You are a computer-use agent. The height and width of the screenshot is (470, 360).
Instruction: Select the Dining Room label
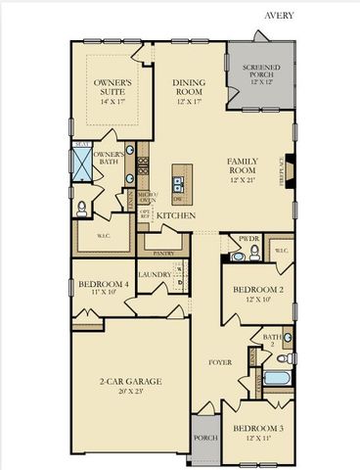click(188, 88)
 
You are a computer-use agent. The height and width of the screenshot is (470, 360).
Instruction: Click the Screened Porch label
click(260, 72)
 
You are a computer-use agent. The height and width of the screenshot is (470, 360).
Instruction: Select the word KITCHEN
click(177, 214)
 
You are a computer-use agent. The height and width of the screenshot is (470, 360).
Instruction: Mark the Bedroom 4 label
click(103, 286)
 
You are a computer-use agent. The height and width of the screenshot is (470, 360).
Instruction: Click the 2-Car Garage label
click(128, 381)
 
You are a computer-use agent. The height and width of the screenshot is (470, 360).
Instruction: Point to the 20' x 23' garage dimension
click(128, 391)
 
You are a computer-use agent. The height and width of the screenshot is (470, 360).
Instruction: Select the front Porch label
click(204, 438)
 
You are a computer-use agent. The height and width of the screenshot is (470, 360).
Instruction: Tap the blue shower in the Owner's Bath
click(84, 162)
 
